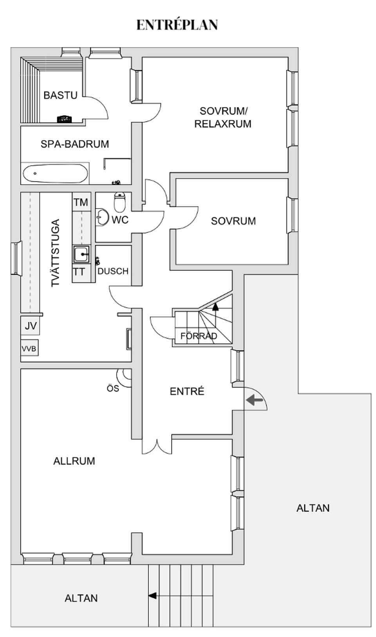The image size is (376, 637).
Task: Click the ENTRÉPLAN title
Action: click(x=177, y=25)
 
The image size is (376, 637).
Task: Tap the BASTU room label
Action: click(x=60, y=95)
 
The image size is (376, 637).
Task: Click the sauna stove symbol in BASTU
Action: click(x=64, y=119)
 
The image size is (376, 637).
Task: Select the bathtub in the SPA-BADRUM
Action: click(x=55, y=173)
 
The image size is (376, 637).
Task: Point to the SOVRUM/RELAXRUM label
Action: click(x=223, y=117)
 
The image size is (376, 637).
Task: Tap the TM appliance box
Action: click(x=81, y=202)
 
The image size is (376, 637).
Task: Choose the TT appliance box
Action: click(x=79, y=271)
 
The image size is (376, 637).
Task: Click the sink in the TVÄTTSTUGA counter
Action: click(x=81, y=254)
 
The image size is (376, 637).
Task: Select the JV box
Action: click(x=31, y=326)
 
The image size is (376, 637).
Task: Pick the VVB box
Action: click(x=29, y=348)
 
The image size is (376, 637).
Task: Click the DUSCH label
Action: click(x=113, y=271)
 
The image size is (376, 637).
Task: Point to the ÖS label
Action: click(x=113, y=388)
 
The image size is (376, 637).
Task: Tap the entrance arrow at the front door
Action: click(x=255, y=400)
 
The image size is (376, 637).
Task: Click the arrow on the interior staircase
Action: click(x=215, y=307)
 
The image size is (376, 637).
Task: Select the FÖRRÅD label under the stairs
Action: click(x=199, y=336)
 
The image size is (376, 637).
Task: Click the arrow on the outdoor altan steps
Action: click(x=152, y=595)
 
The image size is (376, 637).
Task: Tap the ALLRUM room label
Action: click(x=74, y=461)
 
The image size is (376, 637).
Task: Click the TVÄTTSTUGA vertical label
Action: click(x=56, y=253)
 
